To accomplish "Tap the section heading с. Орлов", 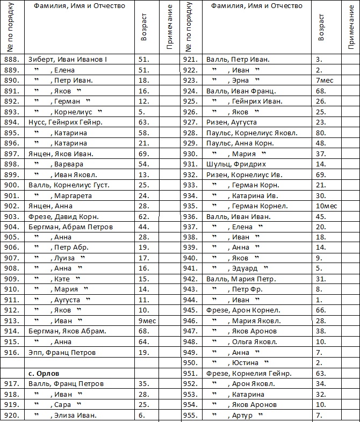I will coord(44,373).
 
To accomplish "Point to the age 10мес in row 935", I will coord(326,206).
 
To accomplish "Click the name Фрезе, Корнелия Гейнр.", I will coord(249,373).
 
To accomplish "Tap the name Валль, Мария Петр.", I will coord(241,279).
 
